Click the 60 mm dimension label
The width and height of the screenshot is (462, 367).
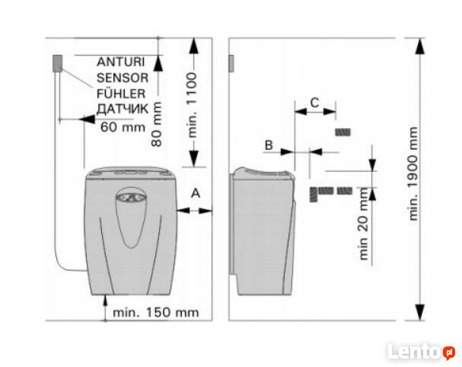tap(122, 127)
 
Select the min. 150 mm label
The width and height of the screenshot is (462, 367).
tap(155, 311)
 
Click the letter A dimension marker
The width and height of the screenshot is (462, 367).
tap(196, 193)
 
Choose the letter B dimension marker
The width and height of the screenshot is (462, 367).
tap(268, 144)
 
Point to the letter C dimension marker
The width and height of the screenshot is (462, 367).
tap(314, 101)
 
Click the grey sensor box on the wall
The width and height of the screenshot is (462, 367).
tap(56, 63)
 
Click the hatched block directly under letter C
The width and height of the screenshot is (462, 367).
tap(343, 132)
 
